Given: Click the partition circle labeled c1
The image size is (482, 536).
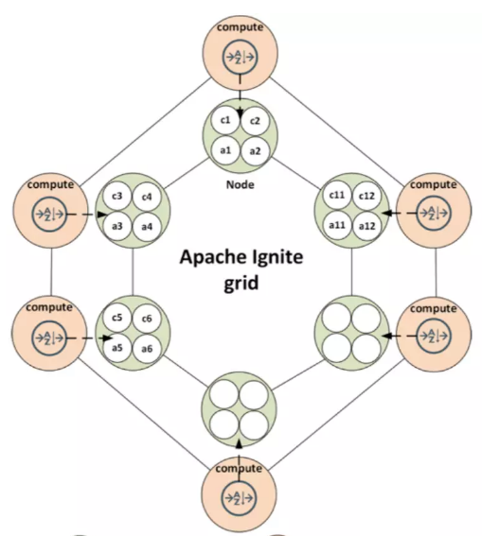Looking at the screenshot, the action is (x=225, y=121).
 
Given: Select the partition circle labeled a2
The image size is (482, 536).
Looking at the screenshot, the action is (x=255, y=150).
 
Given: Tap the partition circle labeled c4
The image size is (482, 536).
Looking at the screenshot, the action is (x=147, y=197).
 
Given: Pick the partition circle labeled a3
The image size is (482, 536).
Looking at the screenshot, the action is (x=117, y=226).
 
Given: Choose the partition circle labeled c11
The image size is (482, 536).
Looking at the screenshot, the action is (x=337, y=195).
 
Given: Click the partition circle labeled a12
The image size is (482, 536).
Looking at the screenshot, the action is (x=367, y=226).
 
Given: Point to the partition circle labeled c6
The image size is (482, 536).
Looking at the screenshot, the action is (x=147, y=319).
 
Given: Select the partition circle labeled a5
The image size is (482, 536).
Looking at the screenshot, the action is (x=117, y=348).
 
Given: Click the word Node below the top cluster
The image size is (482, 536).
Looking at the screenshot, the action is (x=241, y=185).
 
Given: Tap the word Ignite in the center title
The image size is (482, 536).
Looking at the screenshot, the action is (x=277, y=257).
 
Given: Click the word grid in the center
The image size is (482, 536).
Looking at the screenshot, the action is (x=241, y=283).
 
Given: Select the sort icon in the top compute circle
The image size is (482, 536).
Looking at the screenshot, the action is (x=240, y=58).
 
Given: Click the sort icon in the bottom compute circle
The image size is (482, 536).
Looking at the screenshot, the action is (x=239, y=497).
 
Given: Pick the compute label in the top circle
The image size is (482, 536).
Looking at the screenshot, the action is (x=240, y=27).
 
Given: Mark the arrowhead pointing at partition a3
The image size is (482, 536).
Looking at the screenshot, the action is (x=101, y=215).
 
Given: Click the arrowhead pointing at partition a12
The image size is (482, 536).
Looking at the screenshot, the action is (x=387, y=213).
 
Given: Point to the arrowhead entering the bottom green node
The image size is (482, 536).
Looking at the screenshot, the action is (x=240, y=443).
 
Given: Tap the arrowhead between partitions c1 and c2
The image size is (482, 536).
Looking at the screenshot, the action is (x=240, y=112).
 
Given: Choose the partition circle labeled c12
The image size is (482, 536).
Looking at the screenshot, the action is (x=367, y=196).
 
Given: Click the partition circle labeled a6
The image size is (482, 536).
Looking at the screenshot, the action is (x=147, y=349).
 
